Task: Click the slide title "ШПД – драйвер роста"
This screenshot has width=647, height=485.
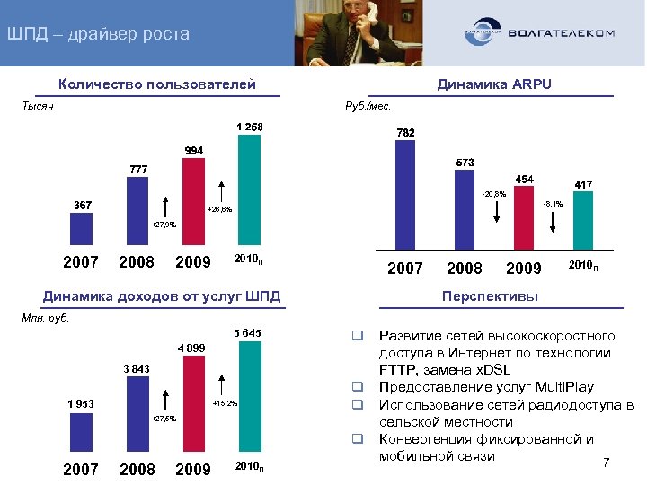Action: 98,35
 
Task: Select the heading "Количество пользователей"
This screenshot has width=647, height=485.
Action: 157,84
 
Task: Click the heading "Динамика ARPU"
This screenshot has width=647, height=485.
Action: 493,84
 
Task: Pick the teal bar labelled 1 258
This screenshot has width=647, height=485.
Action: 249,190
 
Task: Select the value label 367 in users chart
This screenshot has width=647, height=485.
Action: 84,205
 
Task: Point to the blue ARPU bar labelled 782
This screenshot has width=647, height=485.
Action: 405,194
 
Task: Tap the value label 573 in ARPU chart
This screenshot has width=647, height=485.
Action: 465,162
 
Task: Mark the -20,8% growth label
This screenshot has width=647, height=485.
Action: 493,193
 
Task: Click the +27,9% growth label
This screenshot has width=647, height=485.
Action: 164,225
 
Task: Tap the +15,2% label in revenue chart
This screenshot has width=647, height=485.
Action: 224,403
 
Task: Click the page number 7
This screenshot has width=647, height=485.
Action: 607,463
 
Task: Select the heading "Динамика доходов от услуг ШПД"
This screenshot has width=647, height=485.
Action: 163,296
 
